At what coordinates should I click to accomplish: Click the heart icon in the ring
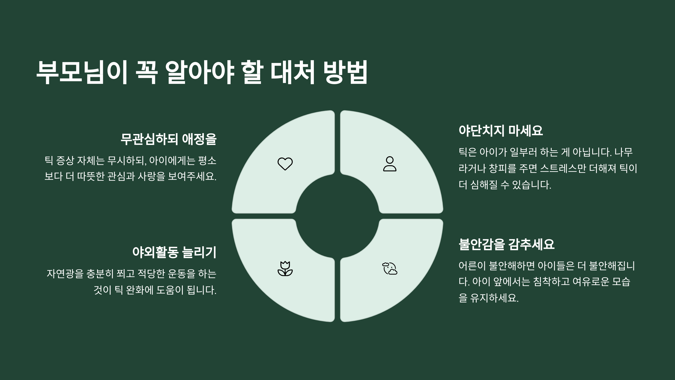click(285, 164)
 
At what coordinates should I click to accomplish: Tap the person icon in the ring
click(390, 164)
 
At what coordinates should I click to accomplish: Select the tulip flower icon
click(285, 269)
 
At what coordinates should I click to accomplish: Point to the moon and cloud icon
click(390, 269)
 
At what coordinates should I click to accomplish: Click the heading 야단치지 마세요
click(501, 131)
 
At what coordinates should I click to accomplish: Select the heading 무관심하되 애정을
click(168, 139)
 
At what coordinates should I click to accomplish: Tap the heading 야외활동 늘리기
click(174, 252)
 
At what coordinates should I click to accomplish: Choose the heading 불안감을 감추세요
click(507, 244)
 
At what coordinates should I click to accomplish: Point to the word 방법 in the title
click(346, 72)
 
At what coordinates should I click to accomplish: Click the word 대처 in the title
click(292, 72)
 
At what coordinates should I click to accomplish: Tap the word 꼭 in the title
click(146, 72)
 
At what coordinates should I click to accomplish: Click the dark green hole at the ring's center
click(337, 216)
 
